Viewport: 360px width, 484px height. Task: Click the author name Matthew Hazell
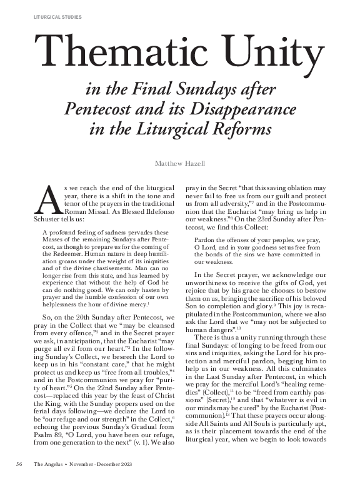click(180, 164)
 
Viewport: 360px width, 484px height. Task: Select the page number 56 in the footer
click(19, 463)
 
